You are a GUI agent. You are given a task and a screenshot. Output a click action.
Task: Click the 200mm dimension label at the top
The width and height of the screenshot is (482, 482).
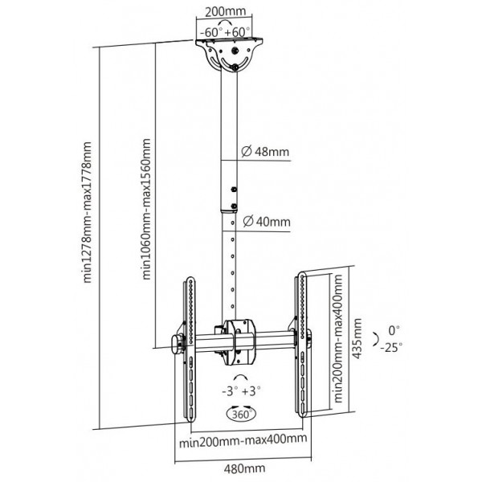point(226,12)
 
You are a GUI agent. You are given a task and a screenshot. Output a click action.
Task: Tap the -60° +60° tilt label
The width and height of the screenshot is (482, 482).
point(225,32)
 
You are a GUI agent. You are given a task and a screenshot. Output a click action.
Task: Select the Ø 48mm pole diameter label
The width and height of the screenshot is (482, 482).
point(265,151)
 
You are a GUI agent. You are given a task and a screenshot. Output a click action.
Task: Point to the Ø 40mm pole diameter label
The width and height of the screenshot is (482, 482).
point(267,222)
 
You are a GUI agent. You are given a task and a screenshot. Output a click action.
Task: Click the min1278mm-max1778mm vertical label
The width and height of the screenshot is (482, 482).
point(88,212)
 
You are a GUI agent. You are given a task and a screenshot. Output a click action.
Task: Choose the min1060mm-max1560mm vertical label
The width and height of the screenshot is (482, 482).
point(146,209)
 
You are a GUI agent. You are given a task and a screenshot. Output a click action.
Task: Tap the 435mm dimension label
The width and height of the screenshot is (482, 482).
point(357,338)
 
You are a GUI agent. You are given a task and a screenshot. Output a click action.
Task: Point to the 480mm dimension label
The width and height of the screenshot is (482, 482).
point(244,468)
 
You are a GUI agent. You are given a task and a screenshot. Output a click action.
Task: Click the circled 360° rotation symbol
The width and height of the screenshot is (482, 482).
point(241,414)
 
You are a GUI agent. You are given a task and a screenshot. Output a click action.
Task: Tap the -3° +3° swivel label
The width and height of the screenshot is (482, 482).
point(241,391)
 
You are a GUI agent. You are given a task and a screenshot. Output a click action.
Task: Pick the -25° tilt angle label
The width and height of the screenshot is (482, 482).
point(391,348)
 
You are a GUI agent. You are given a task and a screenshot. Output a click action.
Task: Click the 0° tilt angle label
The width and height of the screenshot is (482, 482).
point(394,330)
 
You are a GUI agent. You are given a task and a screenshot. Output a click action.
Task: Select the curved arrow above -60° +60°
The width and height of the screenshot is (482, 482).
point(225,22)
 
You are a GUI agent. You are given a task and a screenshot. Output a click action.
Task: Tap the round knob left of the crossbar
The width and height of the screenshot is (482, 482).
point(177,345)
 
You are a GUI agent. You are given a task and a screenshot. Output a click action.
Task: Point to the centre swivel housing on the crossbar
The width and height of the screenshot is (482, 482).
point(239,342)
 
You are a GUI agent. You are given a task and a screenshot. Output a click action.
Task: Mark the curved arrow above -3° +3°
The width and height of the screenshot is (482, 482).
point(240,378)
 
